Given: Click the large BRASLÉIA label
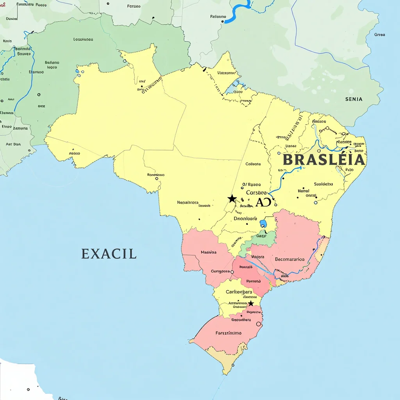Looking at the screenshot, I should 323,160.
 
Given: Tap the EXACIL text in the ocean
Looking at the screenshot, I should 109,254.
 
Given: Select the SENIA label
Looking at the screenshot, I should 354,99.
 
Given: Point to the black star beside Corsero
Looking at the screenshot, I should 232,198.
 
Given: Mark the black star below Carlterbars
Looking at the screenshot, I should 251,304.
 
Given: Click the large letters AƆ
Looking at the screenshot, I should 263,202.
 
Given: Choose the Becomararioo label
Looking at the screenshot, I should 289,259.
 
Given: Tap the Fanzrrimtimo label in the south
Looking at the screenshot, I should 229,333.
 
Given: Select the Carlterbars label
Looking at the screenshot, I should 239,292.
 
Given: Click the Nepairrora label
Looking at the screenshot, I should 188,202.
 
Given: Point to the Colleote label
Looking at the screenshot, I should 253,164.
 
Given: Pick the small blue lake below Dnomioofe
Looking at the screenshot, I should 263,224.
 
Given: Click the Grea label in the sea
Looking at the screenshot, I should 380,35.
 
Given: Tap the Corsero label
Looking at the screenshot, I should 256,193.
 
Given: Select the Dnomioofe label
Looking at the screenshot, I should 245,218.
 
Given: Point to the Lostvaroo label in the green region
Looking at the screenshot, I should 83,39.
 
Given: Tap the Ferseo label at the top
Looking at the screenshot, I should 134,6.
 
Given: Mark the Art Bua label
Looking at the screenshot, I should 13,144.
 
